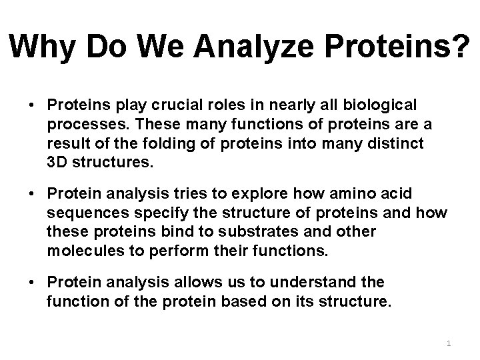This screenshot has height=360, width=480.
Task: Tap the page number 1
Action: point(449,343)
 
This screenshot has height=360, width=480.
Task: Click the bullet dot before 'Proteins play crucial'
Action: point(31,106)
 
